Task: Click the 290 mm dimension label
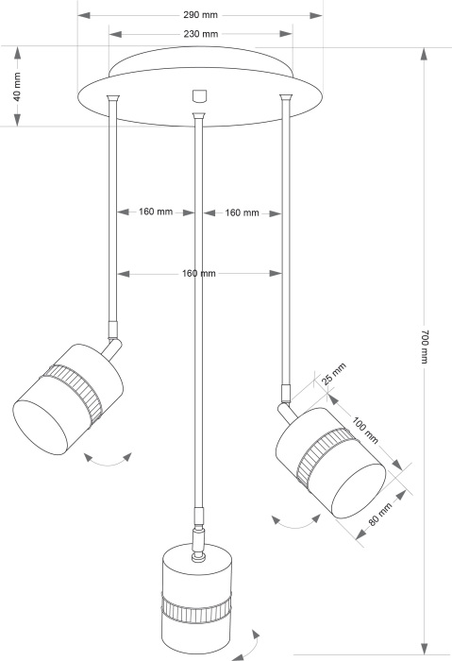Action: click(199, 16)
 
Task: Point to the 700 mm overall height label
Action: click(425, 347)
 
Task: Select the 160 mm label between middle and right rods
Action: click(243, 212)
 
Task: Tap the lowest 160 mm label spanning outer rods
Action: click(199, 273)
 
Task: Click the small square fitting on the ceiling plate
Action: click(197, 94)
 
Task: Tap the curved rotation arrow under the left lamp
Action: click(107, 460)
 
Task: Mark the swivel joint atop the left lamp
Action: click(114, 333)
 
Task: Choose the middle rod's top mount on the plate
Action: click(198, 116)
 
